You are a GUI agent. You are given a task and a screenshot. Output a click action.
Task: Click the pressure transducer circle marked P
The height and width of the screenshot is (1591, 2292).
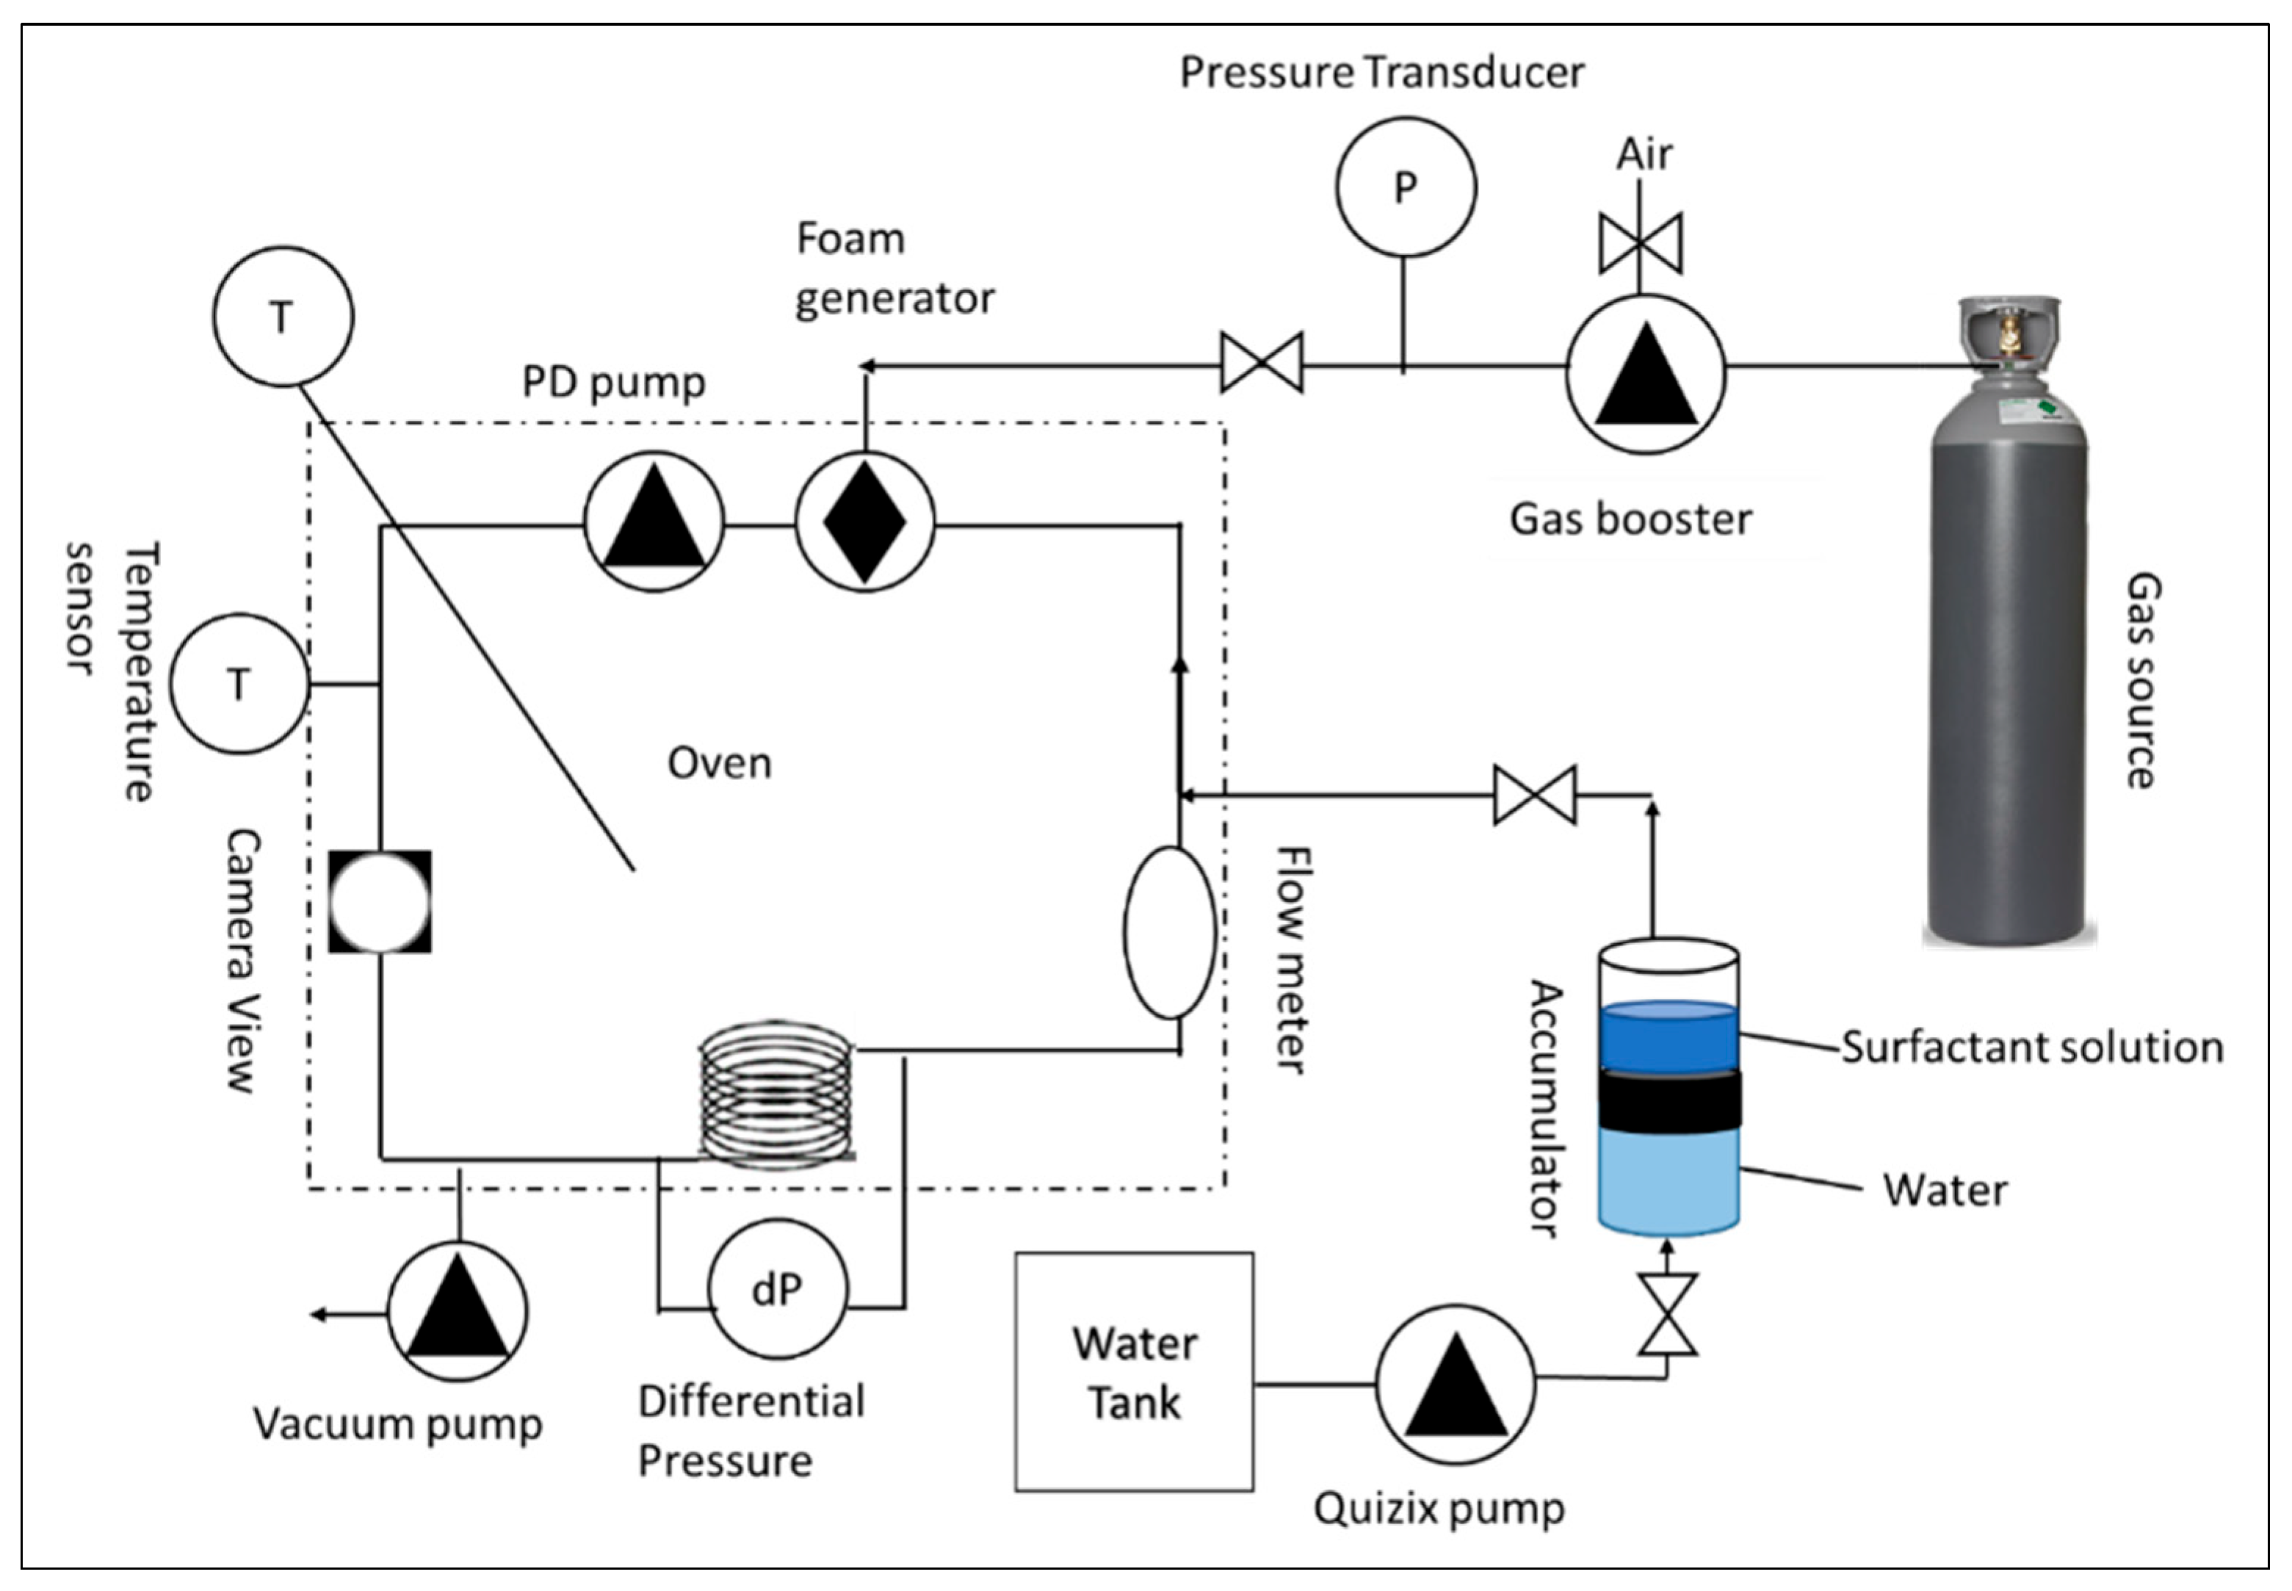[x=1405, y=187]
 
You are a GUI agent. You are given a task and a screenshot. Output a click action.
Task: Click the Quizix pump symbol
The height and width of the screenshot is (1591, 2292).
[x=1455, y=1384]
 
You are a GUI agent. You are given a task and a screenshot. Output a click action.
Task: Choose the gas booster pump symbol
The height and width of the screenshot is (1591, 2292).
[x=1645, y=374]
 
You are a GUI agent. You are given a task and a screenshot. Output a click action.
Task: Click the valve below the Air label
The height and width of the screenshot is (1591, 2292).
[x=1641, y=243]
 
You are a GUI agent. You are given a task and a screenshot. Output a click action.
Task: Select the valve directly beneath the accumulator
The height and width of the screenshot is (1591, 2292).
[x=1667, y=1314]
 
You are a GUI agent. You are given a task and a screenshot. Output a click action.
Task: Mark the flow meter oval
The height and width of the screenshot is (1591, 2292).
[x=1170, y=932]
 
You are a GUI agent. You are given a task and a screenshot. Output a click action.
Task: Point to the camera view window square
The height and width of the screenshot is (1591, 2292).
[x=380, y=901]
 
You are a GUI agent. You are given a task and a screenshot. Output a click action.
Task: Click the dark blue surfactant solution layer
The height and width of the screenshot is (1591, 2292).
[x=1669, y=1036]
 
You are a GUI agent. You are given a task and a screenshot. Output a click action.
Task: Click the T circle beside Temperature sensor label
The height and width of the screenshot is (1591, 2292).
[x=239, y=684]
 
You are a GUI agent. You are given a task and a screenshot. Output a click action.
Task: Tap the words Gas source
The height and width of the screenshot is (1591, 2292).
[x=2142, y=680]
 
